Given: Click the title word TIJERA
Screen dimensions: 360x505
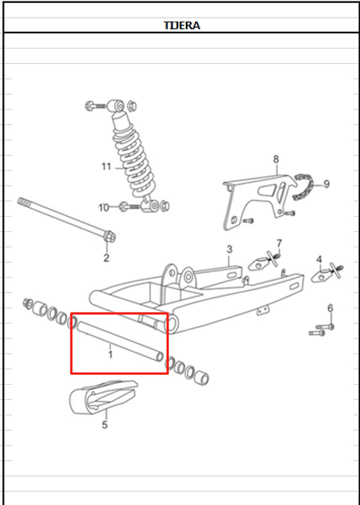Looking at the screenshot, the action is [x=182, y=25].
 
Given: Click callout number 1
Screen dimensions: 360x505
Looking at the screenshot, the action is [x=110, y=355].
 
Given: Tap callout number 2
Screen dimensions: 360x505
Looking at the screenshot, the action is [x=106, y=258].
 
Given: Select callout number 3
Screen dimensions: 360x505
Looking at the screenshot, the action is [x=229, y=249].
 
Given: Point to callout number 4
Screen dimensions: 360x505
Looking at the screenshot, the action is [x=319, y=259].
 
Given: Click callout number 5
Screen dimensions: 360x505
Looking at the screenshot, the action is [x=105, y=425].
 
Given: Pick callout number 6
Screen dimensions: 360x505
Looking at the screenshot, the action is [x=331, y=308].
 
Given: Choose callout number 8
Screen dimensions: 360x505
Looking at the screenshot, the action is [x=276, y=159].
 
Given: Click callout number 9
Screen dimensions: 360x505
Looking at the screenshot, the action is [x=327, y=184].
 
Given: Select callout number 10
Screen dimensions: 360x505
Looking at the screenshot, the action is [x=104, y=207].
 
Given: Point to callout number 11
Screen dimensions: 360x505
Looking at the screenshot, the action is [x=106, y=167].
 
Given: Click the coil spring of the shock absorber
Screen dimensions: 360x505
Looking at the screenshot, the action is [x=133, y=161].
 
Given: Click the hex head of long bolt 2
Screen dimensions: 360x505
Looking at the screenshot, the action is [x=109, y=237].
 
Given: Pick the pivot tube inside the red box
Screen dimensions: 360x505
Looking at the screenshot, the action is [x=119, y=342].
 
